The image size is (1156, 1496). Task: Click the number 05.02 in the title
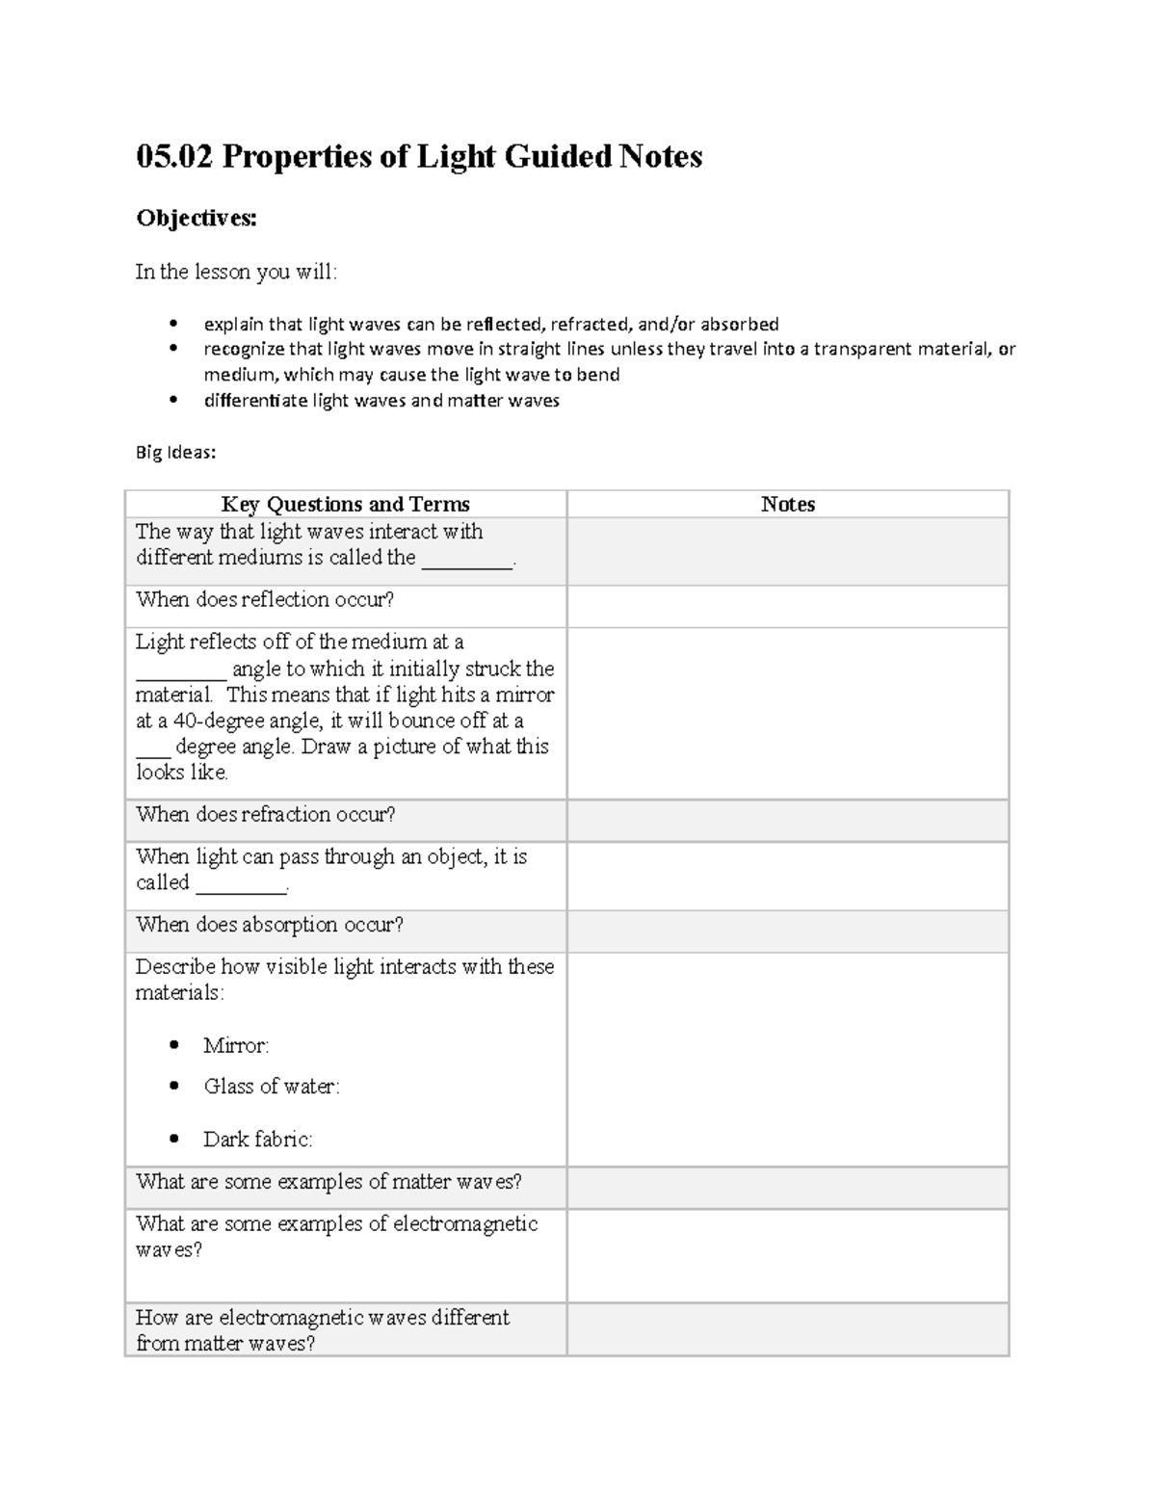174,156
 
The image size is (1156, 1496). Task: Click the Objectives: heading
197,219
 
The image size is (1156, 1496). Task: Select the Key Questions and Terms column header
345,504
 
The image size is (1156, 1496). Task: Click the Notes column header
787,504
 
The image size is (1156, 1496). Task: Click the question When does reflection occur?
265,600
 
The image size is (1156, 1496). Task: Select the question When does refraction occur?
266,815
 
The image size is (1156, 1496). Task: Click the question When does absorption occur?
270,925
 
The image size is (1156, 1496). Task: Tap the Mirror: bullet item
236,1045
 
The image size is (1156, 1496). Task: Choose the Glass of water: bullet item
271,1087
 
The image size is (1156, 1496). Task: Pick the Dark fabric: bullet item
257,1140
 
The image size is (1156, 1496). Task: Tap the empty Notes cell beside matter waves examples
787,1188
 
